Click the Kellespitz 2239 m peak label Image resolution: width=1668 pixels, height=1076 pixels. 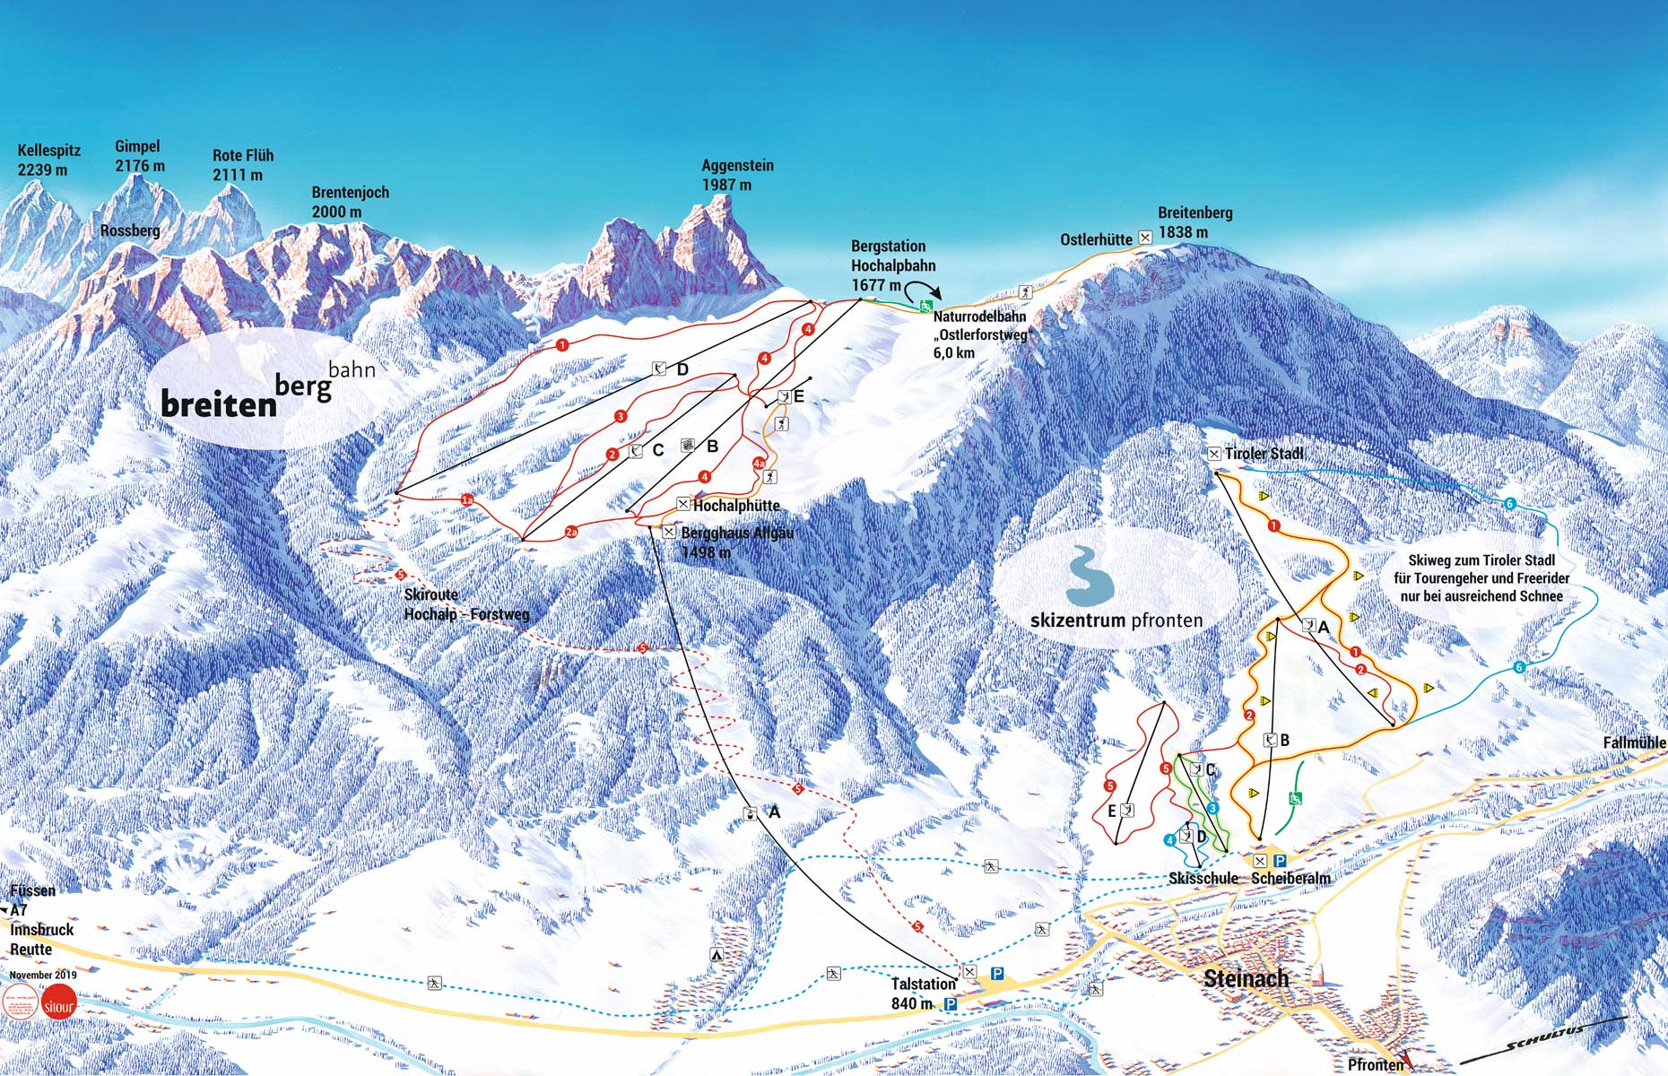pos(42,161)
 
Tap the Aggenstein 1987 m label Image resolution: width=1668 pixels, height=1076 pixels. pos(737,175)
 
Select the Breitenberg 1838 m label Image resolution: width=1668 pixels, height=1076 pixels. pos(1195,222)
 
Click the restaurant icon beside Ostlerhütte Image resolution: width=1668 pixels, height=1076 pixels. pos(1145,238)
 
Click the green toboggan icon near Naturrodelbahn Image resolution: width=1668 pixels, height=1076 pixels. pos(925,307)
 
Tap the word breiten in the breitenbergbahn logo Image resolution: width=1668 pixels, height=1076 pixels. pos(219,404)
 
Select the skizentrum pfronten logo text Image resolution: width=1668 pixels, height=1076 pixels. pos(1116,620)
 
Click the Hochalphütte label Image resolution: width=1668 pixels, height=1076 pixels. pos(736,506)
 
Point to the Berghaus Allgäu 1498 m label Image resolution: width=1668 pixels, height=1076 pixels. pos(736,542)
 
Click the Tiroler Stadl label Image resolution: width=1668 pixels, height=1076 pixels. pos(1264,454)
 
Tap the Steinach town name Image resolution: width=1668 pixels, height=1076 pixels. pos(1246,978)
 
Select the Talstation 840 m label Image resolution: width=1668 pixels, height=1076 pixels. pos(924,994)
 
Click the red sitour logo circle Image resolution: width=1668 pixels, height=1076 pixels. pos(58,1006)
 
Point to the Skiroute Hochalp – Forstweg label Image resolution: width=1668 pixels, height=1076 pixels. pos(465,604)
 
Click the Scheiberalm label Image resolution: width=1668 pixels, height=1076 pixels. pos(1290,878)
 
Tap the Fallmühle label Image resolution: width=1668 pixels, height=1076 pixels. pos(1634,742)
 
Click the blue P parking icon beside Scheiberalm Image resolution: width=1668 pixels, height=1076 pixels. pos(1280,861)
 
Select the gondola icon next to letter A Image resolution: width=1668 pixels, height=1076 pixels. pos(750,814)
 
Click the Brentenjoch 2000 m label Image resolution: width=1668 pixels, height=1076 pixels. pos(350,202)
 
